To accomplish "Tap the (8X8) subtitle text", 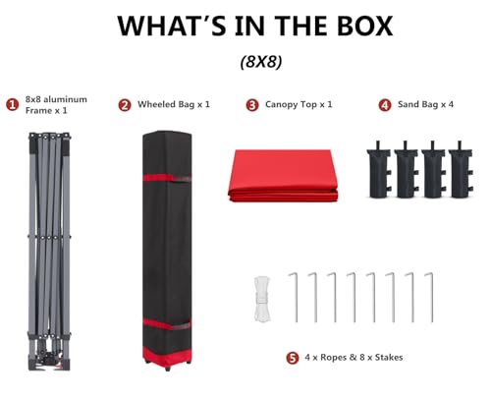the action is point(261,61).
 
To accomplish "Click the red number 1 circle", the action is point(12,105).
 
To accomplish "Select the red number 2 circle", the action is point(125,105).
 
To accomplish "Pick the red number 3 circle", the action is point(252,105).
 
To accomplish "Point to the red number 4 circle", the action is point(385,105).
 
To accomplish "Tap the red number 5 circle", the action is point(293,358).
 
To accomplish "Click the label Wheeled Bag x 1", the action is point(174,104).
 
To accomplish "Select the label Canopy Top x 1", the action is point(299,105).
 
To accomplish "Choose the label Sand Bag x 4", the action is point(425,104).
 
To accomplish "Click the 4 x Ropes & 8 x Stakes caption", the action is point(354,357).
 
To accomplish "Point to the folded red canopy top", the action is point(283,176).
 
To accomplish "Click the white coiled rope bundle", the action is point(262,299).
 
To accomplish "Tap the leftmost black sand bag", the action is point(379,171).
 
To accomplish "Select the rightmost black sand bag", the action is point(461,171).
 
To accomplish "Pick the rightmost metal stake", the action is point(432,297).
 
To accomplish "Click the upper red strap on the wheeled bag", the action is point(167,178).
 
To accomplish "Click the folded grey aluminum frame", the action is point(49,252).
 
